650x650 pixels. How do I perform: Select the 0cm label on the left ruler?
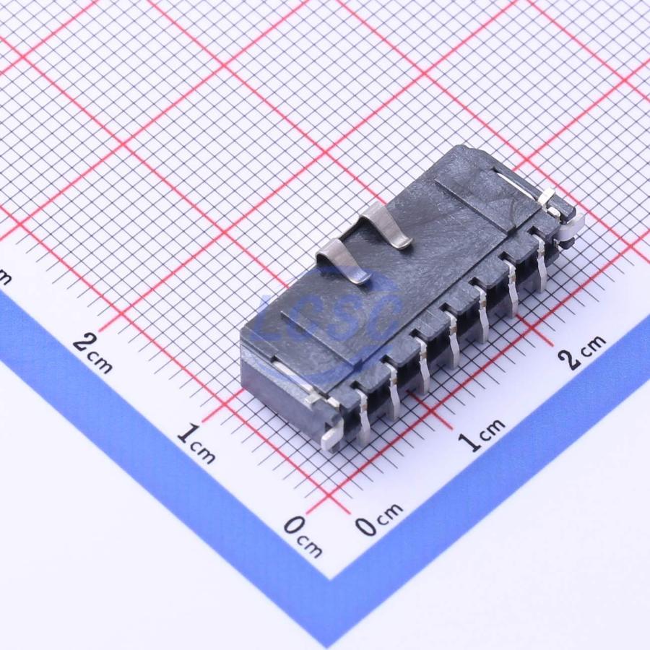coord(303,537)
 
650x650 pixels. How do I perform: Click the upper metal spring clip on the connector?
coord(386,226)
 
